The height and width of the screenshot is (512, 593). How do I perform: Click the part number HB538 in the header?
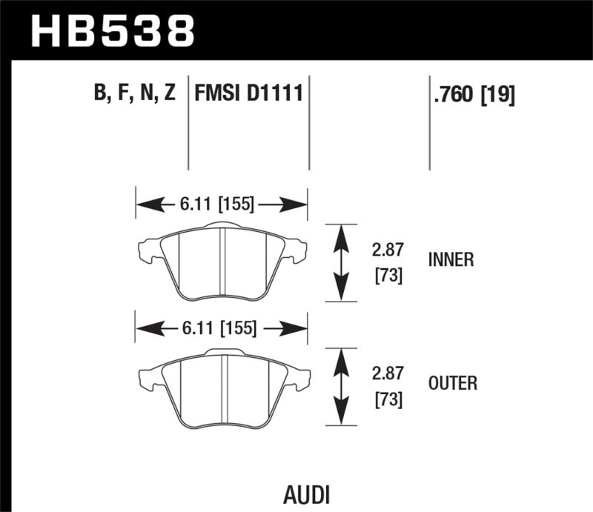coord(112,30)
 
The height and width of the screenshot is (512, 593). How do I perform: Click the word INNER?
coord(451,259)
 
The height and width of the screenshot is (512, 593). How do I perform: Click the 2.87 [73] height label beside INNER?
coord(388,263)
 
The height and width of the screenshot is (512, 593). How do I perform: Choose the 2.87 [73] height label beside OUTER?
coord(388,386)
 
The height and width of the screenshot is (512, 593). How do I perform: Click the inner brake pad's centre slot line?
coord(223,263)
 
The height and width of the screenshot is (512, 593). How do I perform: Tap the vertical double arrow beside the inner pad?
coord(340,262)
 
